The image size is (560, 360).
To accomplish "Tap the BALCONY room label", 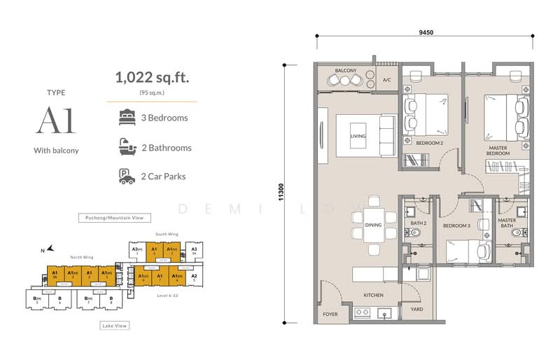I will tap(346, 71).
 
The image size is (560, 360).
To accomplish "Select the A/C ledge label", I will tap(386, 81).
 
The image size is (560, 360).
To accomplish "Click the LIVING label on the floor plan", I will tap(358, 136).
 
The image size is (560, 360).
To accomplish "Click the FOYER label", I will tap(330, 314).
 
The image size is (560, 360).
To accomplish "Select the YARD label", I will tap(417, 308).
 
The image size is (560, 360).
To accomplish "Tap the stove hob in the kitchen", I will tap(363, 312).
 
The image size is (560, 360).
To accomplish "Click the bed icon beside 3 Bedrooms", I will tap(127, 117).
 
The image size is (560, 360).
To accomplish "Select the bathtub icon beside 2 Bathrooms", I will tap(127, 147).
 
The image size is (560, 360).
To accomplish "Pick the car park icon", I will tap(127, 176).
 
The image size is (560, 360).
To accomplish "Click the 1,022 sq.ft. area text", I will tap(152, 78).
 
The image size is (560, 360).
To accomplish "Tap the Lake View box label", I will tap(114, 326).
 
